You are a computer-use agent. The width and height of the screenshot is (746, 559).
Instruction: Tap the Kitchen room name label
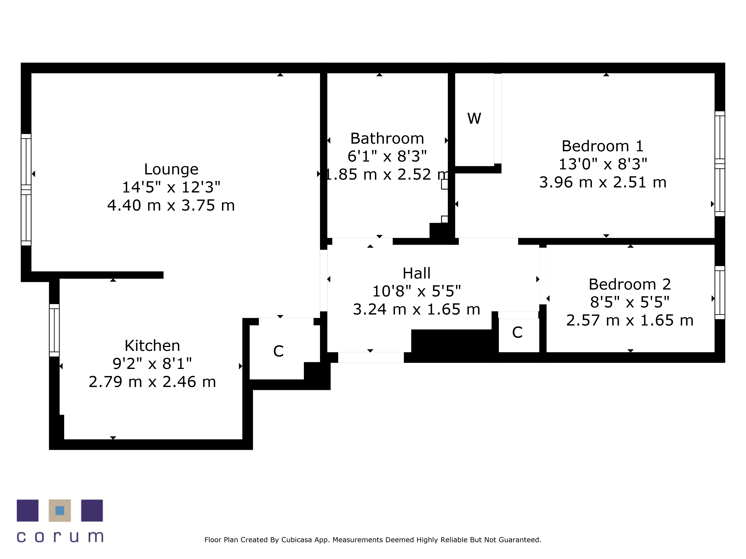tap(152, 346)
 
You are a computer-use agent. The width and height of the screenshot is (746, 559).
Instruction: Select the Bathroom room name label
tap(387, 138)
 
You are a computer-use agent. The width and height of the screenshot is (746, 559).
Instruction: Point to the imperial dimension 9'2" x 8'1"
tap(152, 364)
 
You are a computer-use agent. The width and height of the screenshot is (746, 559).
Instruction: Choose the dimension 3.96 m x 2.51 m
tap(603, 182)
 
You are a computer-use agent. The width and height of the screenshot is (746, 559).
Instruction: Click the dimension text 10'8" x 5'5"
tap(416, 291)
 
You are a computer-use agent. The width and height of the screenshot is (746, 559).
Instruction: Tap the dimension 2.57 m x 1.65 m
tap(630, 320)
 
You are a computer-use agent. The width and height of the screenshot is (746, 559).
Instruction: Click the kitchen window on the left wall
tap(54, 330)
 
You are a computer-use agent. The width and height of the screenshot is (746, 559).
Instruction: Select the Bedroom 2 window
tap(720, 293)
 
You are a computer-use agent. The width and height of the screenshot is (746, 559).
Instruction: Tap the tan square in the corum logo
tap(60, 511)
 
